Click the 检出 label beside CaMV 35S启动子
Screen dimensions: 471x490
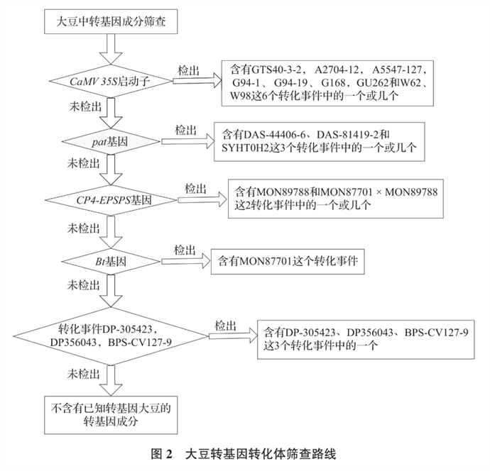pos(186,70)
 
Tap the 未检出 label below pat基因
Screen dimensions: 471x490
pos(82,163)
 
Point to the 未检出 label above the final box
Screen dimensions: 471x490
pos(83,374)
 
